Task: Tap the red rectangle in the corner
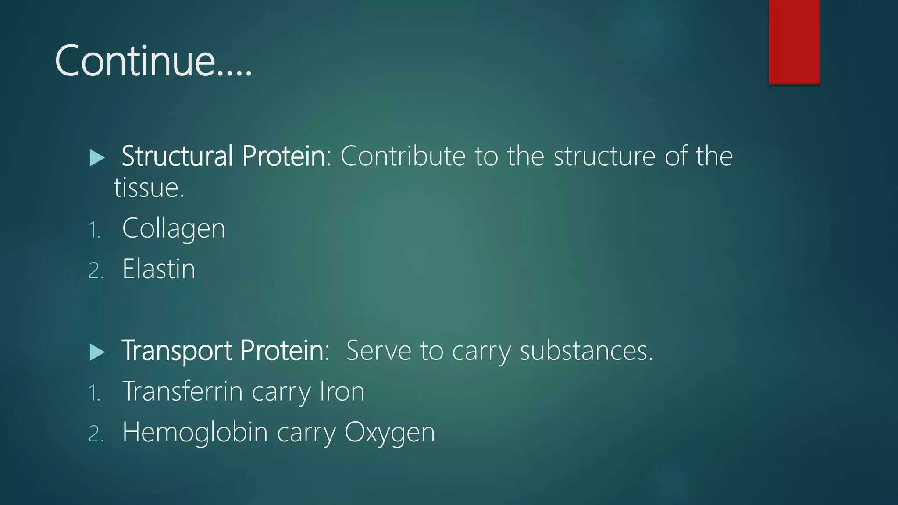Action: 794,42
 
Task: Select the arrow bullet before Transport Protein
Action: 97,352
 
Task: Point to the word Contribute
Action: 403,156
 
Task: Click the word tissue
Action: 148,188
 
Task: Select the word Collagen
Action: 174,229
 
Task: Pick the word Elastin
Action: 159,269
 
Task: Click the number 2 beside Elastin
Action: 95,270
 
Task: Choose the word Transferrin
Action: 182,391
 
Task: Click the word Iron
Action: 342,391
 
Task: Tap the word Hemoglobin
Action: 195,432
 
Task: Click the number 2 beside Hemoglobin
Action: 95,434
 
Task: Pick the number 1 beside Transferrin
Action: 93,393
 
